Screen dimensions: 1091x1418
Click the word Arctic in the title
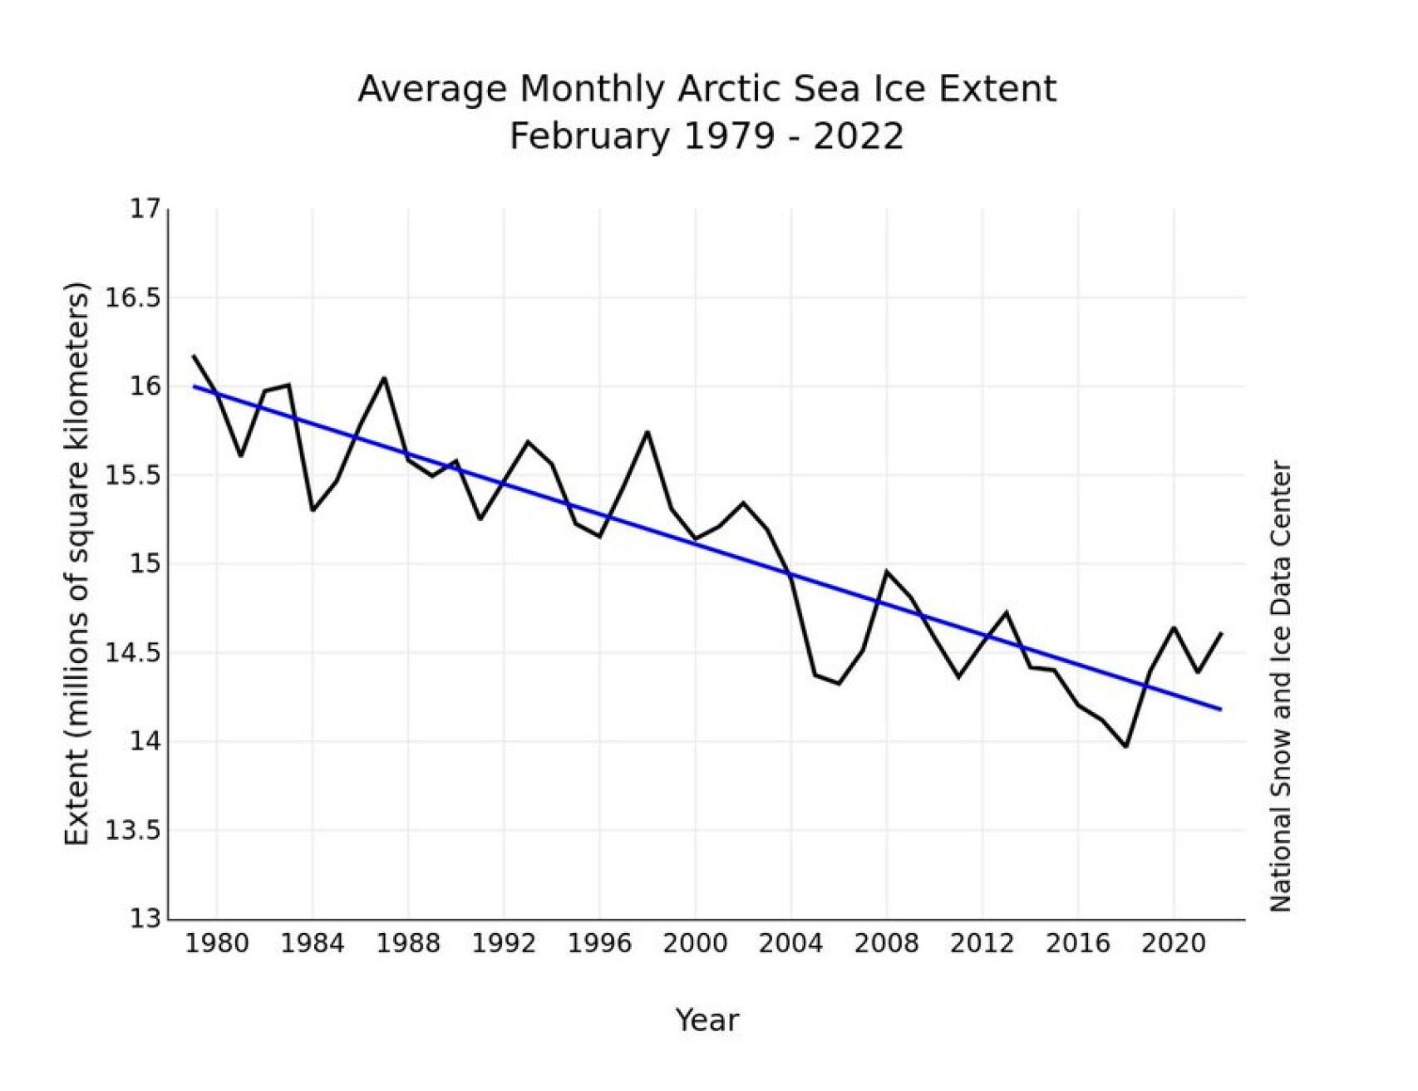click(x=731, y=89)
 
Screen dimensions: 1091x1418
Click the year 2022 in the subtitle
click(x=858, y=136)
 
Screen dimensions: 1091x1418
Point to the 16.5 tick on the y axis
click(x=131, y=297)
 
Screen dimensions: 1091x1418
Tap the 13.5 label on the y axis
click(x=131, y=830)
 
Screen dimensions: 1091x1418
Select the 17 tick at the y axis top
click(x=143, y=209)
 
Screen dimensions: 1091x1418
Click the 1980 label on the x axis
click(x=216, y=944)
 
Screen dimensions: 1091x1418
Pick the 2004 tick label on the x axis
click(x=790, y=944)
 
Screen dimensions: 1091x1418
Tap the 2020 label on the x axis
click(x=1173, y=944)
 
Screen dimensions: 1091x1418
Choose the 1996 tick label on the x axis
click(x=599, y=944)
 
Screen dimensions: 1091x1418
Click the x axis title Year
click(x=707, y=1020)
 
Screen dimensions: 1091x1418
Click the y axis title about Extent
click(x=76, y=564)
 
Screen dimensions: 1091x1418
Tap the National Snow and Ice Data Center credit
click(x=1280, y=686)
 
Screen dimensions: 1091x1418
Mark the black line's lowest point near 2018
click(x=1125, y=746)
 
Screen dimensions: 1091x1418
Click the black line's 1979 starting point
click(x=194, y=356)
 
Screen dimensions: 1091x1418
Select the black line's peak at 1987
click(x=384, y=378)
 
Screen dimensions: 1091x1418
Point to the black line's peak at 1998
click(x=647, y=432)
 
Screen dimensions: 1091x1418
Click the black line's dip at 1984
click(x=312, y=509)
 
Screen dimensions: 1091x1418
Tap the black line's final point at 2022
click(x=1221, y=633)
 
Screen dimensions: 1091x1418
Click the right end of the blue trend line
click(x=1220, y=709)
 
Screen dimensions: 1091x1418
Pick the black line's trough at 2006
click(x=839, y=684)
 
